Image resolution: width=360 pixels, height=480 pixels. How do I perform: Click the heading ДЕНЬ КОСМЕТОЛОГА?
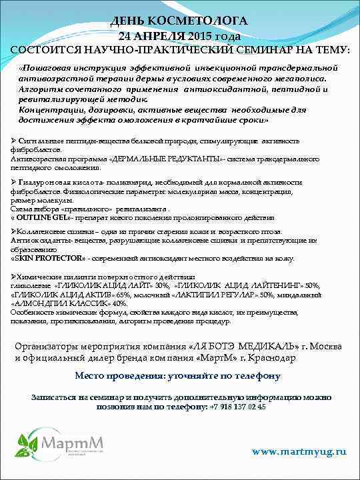[180, 21]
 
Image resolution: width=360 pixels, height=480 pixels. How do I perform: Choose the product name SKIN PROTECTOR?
[49, 258]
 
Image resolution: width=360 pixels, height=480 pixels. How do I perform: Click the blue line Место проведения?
[177, 376]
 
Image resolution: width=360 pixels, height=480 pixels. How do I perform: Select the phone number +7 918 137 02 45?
[237, 406]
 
